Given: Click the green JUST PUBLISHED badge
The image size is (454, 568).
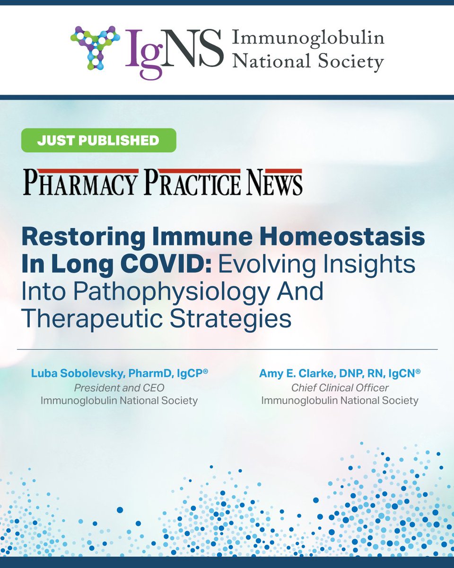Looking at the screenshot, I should pos(98,140).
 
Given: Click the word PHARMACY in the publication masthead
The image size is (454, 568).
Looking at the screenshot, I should pos(80,183).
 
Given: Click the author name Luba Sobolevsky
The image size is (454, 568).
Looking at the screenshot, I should pos(81,374).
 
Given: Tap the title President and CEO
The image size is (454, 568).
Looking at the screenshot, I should pos(118,388).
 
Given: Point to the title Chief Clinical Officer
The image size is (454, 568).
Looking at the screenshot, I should pos(340,388).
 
